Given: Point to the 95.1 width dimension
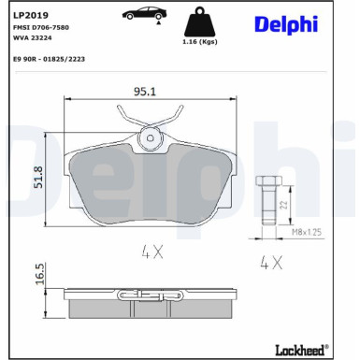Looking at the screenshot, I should (144, 92).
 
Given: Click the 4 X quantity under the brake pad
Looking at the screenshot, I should (152, 251).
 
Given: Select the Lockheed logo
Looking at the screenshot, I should (296, 349).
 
